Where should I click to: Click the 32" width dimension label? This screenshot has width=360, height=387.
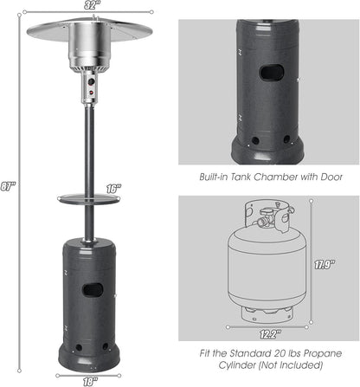(x=89, y=6)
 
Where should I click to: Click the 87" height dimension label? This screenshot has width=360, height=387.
(x=10, y=184)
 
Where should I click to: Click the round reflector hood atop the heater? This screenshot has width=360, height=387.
(x=89, y=31)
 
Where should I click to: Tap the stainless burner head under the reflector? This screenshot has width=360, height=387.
(x=89, y=56)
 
